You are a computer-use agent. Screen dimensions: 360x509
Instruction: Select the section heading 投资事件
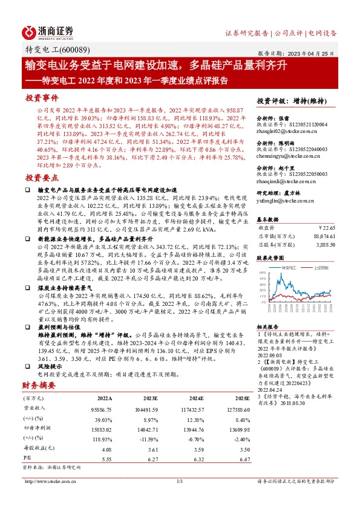coord(41,97)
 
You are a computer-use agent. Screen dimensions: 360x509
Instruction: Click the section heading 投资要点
coord(41,178)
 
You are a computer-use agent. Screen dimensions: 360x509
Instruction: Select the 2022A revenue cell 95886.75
coord(102,409)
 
